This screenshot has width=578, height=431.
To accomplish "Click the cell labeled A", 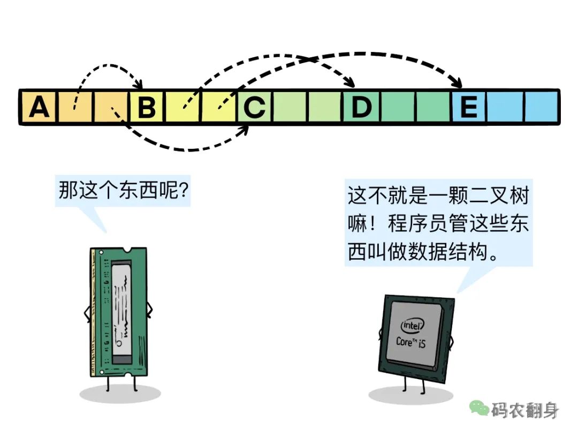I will point(39,107).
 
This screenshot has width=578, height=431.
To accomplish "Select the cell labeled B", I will point(146,107).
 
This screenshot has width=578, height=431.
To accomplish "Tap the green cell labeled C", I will point(255,107).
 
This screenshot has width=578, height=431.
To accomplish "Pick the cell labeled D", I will point(362,107).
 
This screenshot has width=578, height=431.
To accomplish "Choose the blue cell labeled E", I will point(469,107).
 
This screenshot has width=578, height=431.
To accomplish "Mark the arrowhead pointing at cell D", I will point(351,84).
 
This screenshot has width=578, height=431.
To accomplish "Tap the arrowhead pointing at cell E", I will point(457,83).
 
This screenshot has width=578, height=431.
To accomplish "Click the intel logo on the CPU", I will point(413,326).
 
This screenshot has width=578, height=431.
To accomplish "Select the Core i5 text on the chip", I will point(411,341).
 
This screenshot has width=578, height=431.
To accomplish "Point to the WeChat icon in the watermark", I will point(479,409).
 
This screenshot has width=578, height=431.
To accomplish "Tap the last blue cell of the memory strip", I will point(541,107).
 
